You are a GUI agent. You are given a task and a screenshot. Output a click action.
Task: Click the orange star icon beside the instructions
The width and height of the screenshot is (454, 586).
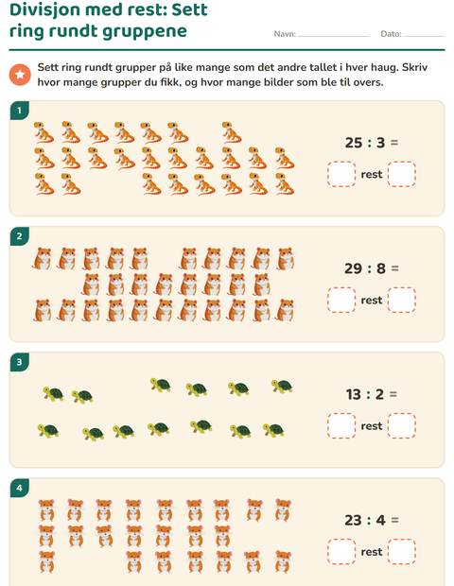pyautogui.click(x=20, y=75)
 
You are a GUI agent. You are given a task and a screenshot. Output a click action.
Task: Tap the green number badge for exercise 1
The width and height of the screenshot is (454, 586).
pyautogui.click(x=20, y=111)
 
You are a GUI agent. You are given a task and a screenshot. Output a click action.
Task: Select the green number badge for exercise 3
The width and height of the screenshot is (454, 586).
pyautogui.click(x=20, y=362)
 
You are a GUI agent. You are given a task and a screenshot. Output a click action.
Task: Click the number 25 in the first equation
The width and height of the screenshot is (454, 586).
pyautogui.click(x=354, y=143)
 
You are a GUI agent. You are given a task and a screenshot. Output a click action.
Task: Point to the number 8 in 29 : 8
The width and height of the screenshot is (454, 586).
pyautogui.click(x=381, y=268)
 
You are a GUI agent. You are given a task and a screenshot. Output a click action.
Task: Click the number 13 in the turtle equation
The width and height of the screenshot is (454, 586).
pyautogui.click(x=354, y=395)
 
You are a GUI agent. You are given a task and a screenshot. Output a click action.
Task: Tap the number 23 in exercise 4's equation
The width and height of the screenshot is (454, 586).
pyautogui.click(x=353, y=520)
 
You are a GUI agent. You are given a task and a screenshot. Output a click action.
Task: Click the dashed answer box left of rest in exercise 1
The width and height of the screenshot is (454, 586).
pyautogui.click(x=341, y=174)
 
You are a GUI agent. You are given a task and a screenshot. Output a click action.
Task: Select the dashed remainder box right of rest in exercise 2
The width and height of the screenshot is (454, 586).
pyautogui.click(x=402, y=300)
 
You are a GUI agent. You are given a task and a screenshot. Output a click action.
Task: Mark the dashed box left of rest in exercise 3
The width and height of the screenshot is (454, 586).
pyautogui.click(x=341, y=425)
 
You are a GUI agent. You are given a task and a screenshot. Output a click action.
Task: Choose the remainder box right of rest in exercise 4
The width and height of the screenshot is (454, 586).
pyautogui.click(x=402, y=552)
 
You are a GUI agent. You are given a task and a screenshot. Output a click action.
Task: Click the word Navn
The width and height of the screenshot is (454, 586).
pyautogui.click(x=285, y=34)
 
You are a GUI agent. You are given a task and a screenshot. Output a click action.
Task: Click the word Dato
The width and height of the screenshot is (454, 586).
pyautogui.click(x=391, y=34)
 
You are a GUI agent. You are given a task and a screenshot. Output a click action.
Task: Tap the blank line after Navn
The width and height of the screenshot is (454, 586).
pyautogui.click(x=334, y=37)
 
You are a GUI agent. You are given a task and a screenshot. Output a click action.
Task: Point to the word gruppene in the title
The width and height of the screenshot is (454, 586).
pyautogui.click(x=145, y=32)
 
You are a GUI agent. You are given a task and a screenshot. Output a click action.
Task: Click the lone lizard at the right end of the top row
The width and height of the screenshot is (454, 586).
pyautogui.click(x=231, y=132)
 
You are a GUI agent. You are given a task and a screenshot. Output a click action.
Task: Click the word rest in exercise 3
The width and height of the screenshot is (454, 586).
pyautogui.click(x=372, y=426)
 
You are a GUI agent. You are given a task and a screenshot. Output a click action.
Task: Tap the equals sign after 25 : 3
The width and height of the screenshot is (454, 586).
pyautogui.click(x=394, y=143)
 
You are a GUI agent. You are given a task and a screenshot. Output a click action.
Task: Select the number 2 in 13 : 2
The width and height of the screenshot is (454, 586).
pyautogui.click(x=379, y=395)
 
